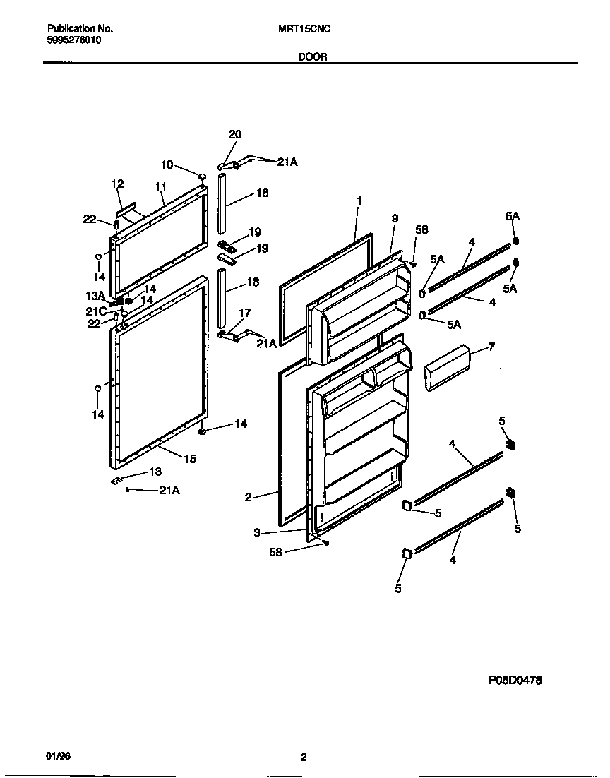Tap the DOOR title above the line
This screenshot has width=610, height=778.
point(312,57)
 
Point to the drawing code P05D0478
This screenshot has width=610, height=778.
point(515,681)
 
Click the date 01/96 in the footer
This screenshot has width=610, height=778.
point(59,756)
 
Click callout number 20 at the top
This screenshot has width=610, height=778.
point(234,135)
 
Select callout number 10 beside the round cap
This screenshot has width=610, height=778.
point(167,164)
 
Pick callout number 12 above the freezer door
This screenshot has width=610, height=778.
point(117,184)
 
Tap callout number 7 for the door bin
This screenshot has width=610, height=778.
point(492,347)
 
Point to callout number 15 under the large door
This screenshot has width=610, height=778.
point(190,459)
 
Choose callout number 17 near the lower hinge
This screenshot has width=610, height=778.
point(244,312)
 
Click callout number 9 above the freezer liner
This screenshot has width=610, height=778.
point(395,219)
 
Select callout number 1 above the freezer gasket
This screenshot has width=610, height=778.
point(359,201)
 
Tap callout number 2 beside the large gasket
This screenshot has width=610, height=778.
point(248,497)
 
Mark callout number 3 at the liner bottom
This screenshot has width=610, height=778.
point(258,533)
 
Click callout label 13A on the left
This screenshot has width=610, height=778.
point(95,295)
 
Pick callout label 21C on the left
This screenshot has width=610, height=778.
point(96,311)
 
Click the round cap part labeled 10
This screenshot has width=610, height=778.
point(201,176)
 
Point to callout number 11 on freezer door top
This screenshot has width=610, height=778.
point(160,186)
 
